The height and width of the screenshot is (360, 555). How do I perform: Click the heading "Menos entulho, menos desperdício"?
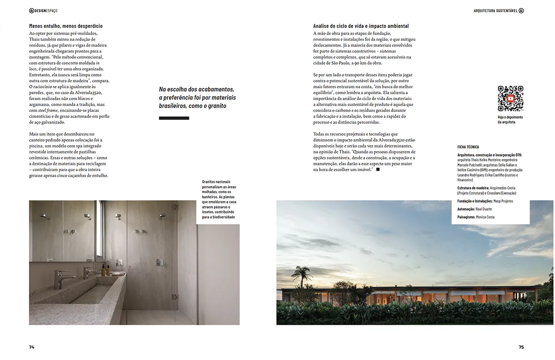click(x=65, y=26)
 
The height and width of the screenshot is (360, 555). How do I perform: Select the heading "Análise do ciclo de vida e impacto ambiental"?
click(x=361, y=26)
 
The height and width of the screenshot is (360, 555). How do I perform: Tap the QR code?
click(x=510, y=99)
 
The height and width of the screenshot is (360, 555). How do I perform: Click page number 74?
click(x=31, y=347)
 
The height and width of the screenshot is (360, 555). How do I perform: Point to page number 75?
click(x=521, y=347)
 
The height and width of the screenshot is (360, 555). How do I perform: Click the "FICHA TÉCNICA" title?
click(x=468, y=147)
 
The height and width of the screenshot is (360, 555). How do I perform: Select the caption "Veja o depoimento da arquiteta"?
click(x=510, y=119)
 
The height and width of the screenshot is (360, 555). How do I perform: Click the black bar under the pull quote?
click(x=174, y=118)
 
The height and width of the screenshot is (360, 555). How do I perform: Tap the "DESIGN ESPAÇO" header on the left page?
click(x=43, y=10)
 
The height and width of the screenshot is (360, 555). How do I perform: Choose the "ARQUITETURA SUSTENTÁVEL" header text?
click(x=495, y=10)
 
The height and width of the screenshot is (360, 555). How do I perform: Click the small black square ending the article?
click(x=378, y=169)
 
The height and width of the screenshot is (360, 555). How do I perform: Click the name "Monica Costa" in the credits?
click(x=488, y=217)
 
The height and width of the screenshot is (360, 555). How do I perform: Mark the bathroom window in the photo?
click(x=100, y=230)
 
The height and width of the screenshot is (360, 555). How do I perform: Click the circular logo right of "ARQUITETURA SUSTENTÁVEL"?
click(x=521, y=10)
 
